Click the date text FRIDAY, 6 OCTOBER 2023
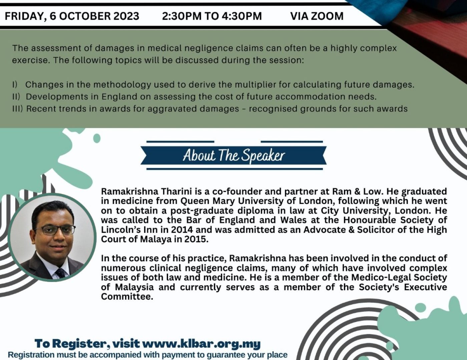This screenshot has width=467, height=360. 72,16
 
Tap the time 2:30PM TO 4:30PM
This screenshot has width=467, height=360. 212,16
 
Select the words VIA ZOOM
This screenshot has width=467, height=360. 317,16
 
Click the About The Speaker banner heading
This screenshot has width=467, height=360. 234,155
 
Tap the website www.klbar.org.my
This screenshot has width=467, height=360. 201,344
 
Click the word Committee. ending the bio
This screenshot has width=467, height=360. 127,297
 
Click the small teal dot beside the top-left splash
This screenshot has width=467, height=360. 97,138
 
